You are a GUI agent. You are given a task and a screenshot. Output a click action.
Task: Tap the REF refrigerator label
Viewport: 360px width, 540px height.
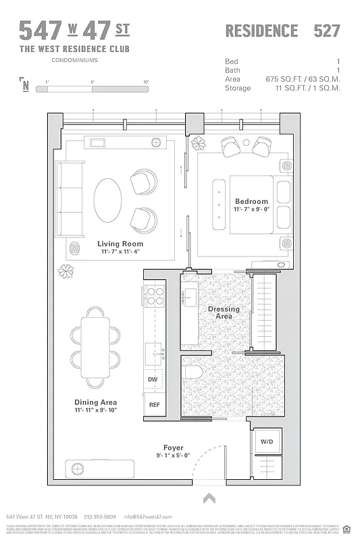tap(153, 406)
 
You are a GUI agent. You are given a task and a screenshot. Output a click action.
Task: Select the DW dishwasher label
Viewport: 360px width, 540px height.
tap(153, 380)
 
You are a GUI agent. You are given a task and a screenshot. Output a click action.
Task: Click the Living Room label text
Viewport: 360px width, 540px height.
tap(120, 244)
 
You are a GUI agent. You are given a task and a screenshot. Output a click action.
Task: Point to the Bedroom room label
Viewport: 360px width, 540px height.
tap(251, 201)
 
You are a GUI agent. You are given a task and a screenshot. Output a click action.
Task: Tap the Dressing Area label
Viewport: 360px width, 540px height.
tap(224, 313)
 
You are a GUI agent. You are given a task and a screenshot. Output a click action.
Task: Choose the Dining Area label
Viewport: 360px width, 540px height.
tap(95, 402)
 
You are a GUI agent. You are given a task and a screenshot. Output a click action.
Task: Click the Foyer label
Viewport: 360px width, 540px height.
tap(173, 448)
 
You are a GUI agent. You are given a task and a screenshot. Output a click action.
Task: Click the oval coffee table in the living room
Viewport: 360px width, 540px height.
tap(107, 200)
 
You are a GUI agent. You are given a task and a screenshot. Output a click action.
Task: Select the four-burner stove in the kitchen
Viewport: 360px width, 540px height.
tap(153, 296)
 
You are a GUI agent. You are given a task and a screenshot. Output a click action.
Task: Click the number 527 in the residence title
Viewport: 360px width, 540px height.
tap(326, 30)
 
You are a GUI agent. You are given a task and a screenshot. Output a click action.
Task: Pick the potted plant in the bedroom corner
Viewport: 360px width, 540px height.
tap(199, 142)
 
